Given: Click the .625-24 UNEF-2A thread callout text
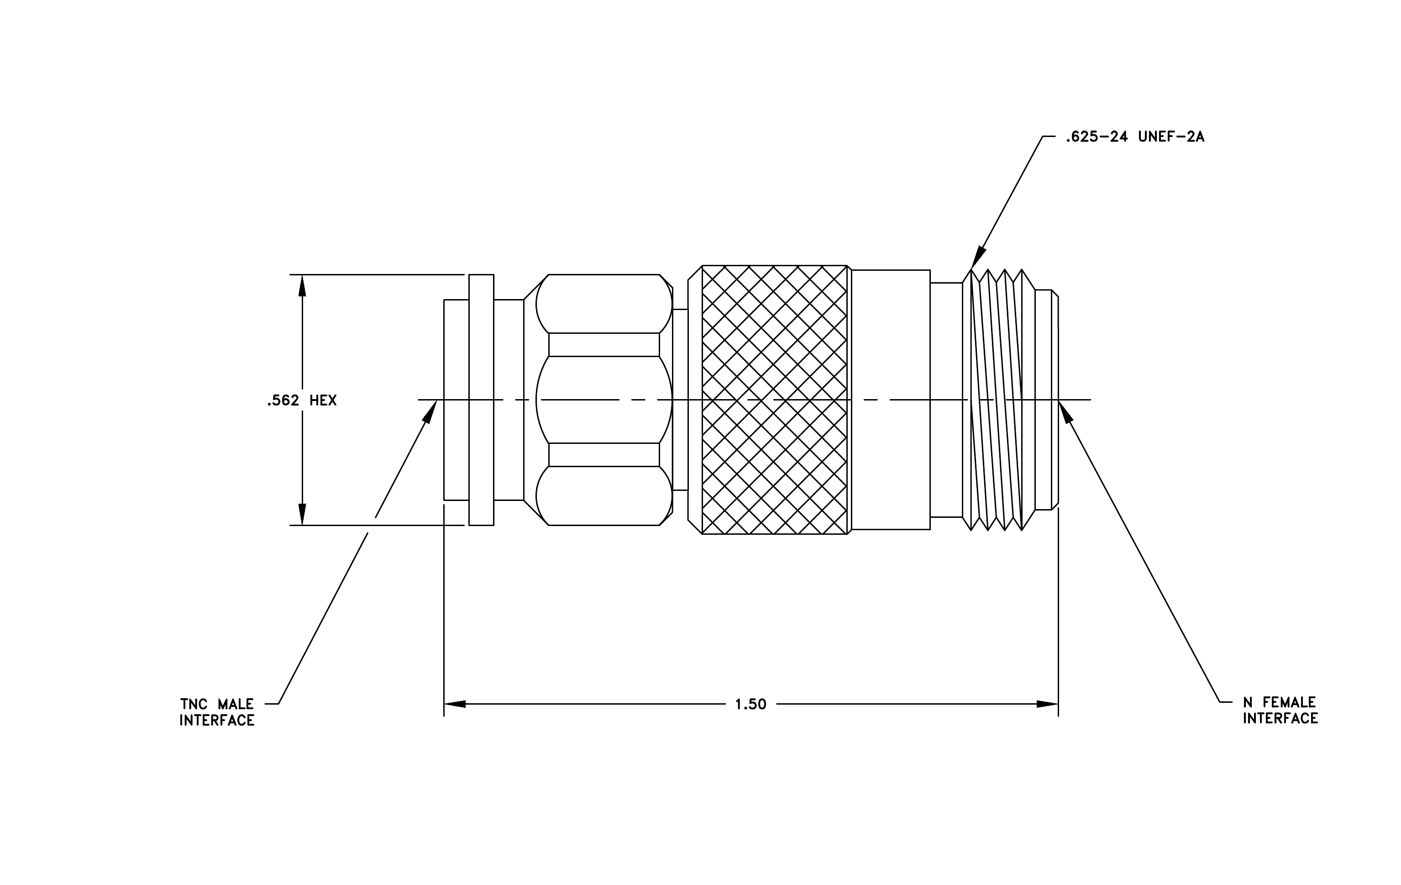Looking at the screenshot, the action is [x=1134, y=137].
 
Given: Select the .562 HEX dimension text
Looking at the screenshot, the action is [x=302, y=400].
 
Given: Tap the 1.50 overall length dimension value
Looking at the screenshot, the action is [x=750, y=705].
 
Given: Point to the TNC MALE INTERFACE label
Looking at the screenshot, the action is [x=217, y=712].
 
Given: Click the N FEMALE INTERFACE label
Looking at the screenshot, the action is [x=1280, y=711].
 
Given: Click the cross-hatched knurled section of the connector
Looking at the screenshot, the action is [x=774, y=400].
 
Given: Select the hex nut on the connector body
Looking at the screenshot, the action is [x=604, y=400].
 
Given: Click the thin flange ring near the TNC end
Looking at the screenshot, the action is [x=481, y=400].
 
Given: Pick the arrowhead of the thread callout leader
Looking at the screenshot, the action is [x=977, y=257].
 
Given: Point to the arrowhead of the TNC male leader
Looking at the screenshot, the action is [x=430, y=411].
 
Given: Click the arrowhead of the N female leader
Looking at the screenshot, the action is [x=1066, y=411].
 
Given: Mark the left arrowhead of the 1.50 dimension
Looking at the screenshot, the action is [x=455, y=704].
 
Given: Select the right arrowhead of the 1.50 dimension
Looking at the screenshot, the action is [x=1047, y=704].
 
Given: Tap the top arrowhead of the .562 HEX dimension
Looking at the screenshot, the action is [x=302, y=285].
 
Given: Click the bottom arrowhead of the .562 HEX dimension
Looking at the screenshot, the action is [x=302, y=514].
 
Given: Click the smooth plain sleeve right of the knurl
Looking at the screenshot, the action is [x=890, y=400].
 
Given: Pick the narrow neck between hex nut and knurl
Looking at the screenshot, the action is [x=680, y=400].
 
